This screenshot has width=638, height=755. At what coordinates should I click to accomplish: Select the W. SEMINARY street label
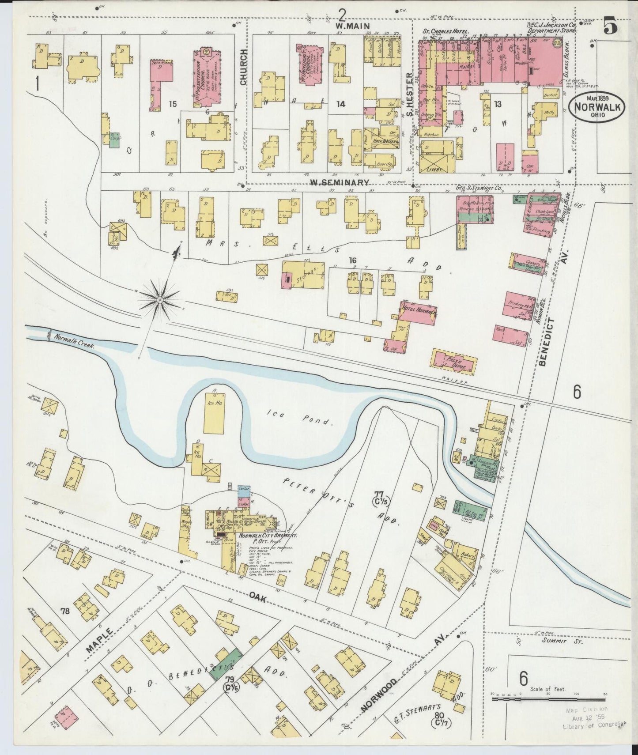(339, 182)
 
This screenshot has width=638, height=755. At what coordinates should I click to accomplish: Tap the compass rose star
(159, 300)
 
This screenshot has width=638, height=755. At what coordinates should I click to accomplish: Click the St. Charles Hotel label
(446, 31)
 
